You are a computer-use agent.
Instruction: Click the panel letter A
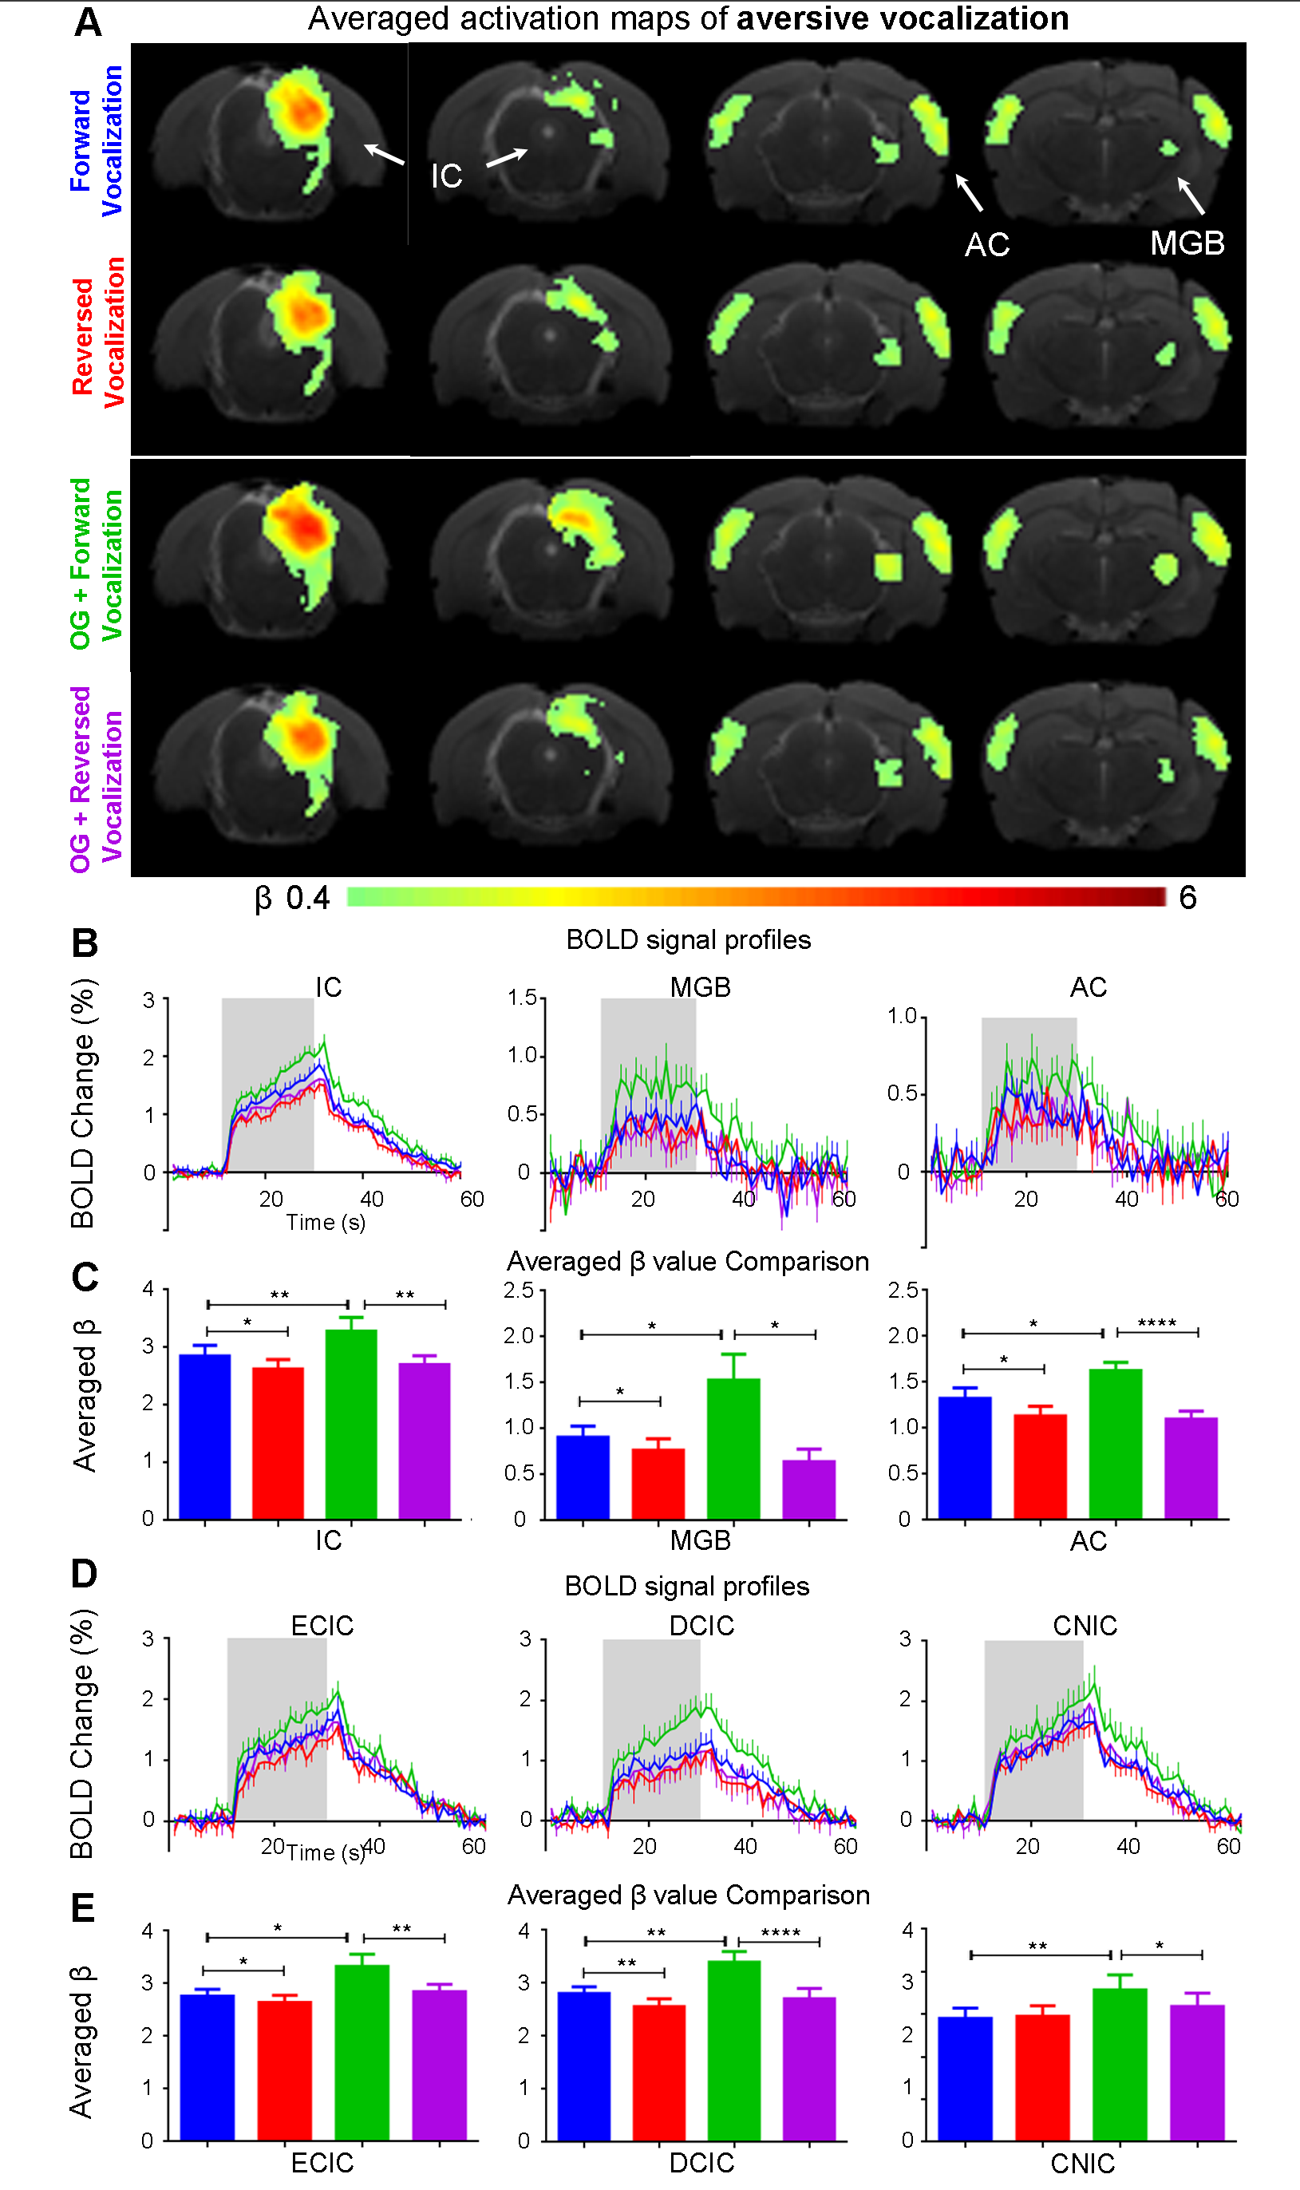88,22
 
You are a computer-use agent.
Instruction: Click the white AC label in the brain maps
987,245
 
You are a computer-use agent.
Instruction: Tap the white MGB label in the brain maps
1187,243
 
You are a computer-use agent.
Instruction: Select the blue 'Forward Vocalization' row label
97,141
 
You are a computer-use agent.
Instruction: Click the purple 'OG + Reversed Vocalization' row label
97,779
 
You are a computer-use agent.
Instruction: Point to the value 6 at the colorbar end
1187,897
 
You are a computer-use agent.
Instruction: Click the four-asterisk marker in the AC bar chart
1156,1322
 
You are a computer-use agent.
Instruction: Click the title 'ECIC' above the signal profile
322,1626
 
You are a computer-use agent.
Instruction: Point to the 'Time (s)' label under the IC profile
325,1222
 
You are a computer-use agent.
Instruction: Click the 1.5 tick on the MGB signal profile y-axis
522,998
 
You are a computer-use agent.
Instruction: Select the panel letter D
84,1574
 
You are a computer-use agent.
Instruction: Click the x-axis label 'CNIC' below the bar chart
1083,2164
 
